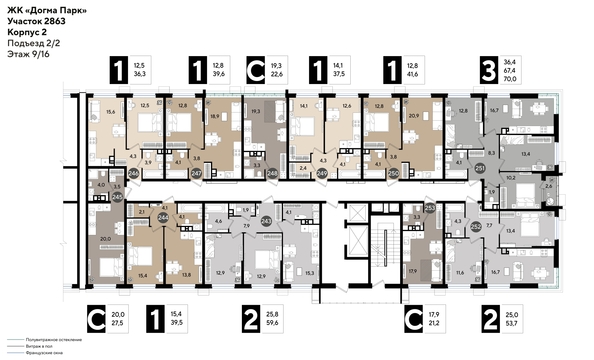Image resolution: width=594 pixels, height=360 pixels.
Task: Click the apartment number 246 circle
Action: point(133,173)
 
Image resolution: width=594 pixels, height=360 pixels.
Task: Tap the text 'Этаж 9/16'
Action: point(27,55)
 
